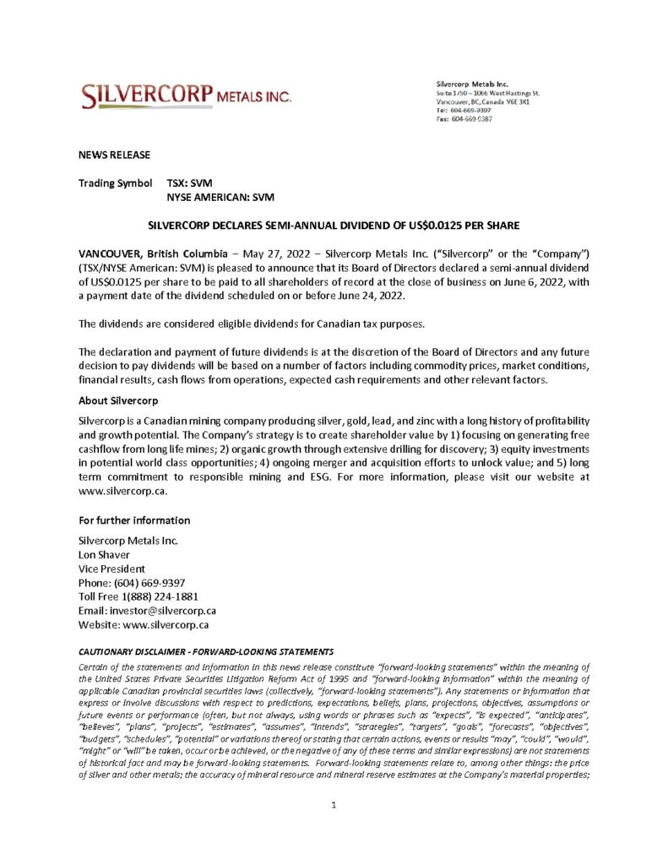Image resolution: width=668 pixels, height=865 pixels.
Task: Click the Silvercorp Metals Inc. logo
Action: [x=187, y=96]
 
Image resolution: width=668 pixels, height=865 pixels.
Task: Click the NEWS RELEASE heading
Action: [x=114, y=155]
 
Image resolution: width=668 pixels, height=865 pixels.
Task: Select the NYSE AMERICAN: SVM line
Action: [x=220, y=197]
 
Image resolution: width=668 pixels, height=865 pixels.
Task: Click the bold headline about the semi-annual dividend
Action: [x=334, y=226]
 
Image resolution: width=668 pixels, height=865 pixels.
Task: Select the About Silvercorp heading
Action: [x=113, y=400]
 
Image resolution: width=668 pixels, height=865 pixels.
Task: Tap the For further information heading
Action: [x=134, y=520]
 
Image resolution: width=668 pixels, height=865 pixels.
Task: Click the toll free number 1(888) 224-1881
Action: [x=158, y=596]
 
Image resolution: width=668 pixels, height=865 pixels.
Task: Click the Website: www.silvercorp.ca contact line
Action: [x=144, y=625]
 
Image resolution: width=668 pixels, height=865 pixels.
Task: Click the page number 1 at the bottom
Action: [x=334, y=805]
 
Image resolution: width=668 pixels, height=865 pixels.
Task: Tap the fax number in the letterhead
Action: [x=471, y=119]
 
